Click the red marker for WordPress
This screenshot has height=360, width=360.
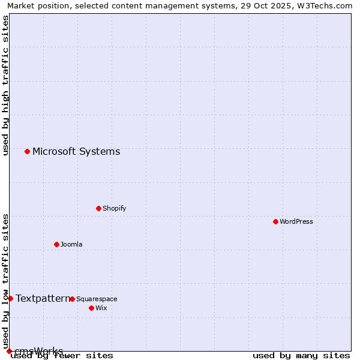tap(275, 221)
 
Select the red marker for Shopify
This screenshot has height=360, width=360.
tap(98, 208)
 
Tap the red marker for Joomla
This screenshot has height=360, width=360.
tap(56, 244)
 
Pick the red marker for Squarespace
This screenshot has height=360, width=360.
tap(72, 299)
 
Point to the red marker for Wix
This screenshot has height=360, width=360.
tap(91, 308)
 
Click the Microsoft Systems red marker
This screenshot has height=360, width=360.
tap(27, 151)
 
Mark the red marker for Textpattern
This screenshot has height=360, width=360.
tap(10, 298)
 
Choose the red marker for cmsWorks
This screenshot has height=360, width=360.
tap(9, 351)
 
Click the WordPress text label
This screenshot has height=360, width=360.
tap(296, 221)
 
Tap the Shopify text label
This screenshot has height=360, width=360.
tap(114, 208)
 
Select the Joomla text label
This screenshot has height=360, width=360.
tap(71, 244)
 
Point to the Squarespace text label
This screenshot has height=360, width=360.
tap(97, 299)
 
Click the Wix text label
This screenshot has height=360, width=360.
tap(101, 308)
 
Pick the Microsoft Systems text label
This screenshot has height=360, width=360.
tap(76, 151)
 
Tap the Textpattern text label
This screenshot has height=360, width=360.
tap(43, 298)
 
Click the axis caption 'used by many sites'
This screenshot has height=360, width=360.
tap(301, 356)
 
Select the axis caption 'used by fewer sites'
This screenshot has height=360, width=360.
tap(62, 356)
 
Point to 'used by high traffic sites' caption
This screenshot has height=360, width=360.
tap(6, 85)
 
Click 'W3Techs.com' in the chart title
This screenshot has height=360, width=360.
tap(328, 6)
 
